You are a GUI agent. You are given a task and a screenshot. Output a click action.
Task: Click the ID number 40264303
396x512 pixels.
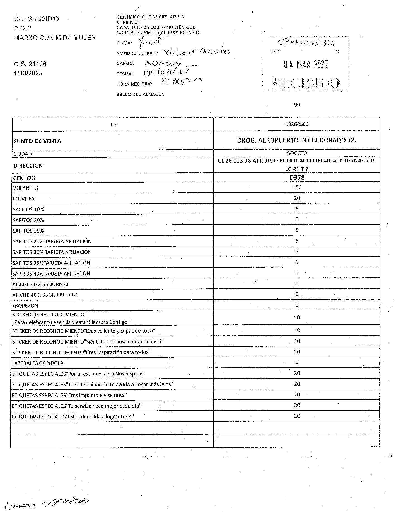[297, 124]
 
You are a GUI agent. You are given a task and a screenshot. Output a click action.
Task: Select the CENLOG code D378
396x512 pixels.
[297, 177]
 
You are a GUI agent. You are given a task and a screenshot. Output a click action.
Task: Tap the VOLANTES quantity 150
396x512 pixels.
[297, 187]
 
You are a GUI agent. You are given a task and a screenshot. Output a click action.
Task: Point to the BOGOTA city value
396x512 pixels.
[297, 153]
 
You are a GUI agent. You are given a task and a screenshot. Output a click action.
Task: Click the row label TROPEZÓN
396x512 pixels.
[25, 306]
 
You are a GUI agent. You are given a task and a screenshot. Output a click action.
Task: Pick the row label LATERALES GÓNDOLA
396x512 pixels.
[38, 363]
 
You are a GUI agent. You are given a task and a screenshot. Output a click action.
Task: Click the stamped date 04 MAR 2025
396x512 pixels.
[305, 65]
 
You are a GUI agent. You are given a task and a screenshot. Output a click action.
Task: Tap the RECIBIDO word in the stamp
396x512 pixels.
[306, 83]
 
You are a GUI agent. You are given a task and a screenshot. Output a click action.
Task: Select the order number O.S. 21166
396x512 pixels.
[30, 64]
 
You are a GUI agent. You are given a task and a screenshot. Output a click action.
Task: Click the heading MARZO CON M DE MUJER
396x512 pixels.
[54, 38]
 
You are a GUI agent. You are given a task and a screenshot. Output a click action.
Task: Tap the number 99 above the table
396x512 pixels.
[297, 105]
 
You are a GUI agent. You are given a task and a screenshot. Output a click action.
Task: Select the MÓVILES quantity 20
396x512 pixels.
[297, 198]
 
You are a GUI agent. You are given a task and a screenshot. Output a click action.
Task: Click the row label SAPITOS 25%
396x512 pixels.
[28, 231]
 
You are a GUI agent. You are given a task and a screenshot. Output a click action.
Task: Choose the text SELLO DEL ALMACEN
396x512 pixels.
[140, 94]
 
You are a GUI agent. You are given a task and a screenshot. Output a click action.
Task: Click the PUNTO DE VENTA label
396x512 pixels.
[37, 141]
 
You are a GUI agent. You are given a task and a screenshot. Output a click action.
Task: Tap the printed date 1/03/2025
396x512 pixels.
[28, 73]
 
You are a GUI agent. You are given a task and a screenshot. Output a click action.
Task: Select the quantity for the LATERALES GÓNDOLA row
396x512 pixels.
[297, 363]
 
